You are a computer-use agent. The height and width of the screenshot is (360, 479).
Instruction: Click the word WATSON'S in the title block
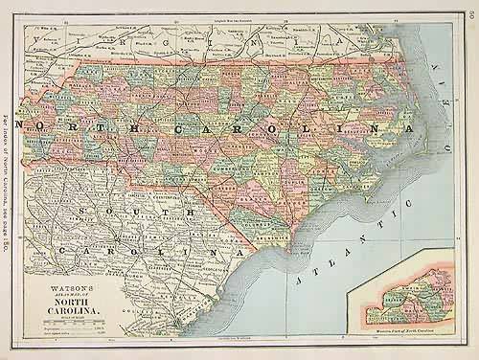tap(67, 284)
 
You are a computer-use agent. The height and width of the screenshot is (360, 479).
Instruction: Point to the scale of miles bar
tap(67, 320)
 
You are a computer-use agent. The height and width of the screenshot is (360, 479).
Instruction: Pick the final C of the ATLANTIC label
tap(415, 189)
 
